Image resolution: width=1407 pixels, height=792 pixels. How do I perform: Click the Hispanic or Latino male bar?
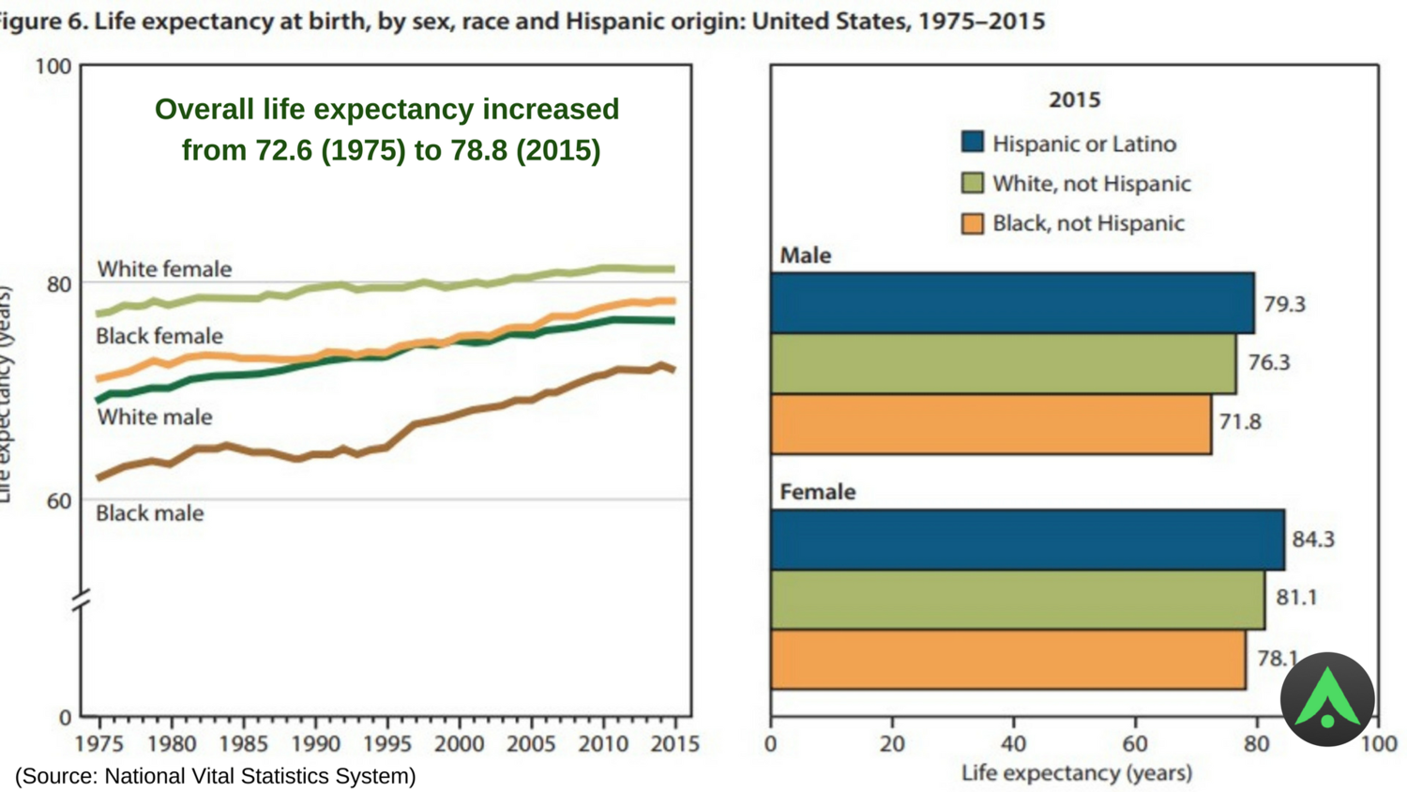(x=1012, y=303)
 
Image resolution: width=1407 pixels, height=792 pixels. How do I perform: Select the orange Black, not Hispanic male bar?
(x=991, y=424)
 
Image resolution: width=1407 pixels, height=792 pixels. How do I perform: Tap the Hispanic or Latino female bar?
(x=1027, y=540)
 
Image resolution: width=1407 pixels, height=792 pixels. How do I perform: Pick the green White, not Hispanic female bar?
(x=1017, y=599)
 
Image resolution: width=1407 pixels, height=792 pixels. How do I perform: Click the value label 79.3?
(x=1284, y=304)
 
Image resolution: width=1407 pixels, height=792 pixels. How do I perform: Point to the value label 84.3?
(x=1313, y=540)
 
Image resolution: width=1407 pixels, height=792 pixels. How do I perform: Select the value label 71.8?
(x=1240, y=422)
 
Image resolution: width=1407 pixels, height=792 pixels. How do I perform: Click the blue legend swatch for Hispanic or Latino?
(x=973, y=143)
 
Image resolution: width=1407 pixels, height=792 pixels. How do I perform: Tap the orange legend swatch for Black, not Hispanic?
(x=973, y=223)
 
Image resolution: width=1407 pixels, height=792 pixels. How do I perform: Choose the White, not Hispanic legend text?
(x=1091, y=184)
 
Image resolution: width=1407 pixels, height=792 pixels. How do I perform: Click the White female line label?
(x=164, y=269)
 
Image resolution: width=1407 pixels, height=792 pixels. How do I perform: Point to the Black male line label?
(x=150, y=513)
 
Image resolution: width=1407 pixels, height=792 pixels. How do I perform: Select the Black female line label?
(x=159, y=336)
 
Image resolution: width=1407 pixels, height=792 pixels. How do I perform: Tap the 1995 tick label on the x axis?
(x=386, y=744)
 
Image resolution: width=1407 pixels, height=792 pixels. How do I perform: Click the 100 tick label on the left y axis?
(x=53, y=67)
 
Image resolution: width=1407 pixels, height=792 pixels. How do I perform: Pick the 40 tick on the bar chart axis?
(x=1013, y=744)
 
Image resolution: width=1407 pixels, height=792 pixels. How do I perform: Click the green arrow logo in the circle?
(x=1327, y=699)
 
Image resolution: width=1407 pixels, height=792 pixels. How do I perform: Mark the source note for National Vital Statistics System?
(x=216, y=776)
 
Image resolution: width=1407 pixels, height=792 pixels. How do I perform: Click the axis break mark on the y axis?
(x=82, y=600)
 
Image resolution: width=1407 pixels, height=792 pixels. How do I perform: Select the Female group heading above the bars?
(x=818, y=492)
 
